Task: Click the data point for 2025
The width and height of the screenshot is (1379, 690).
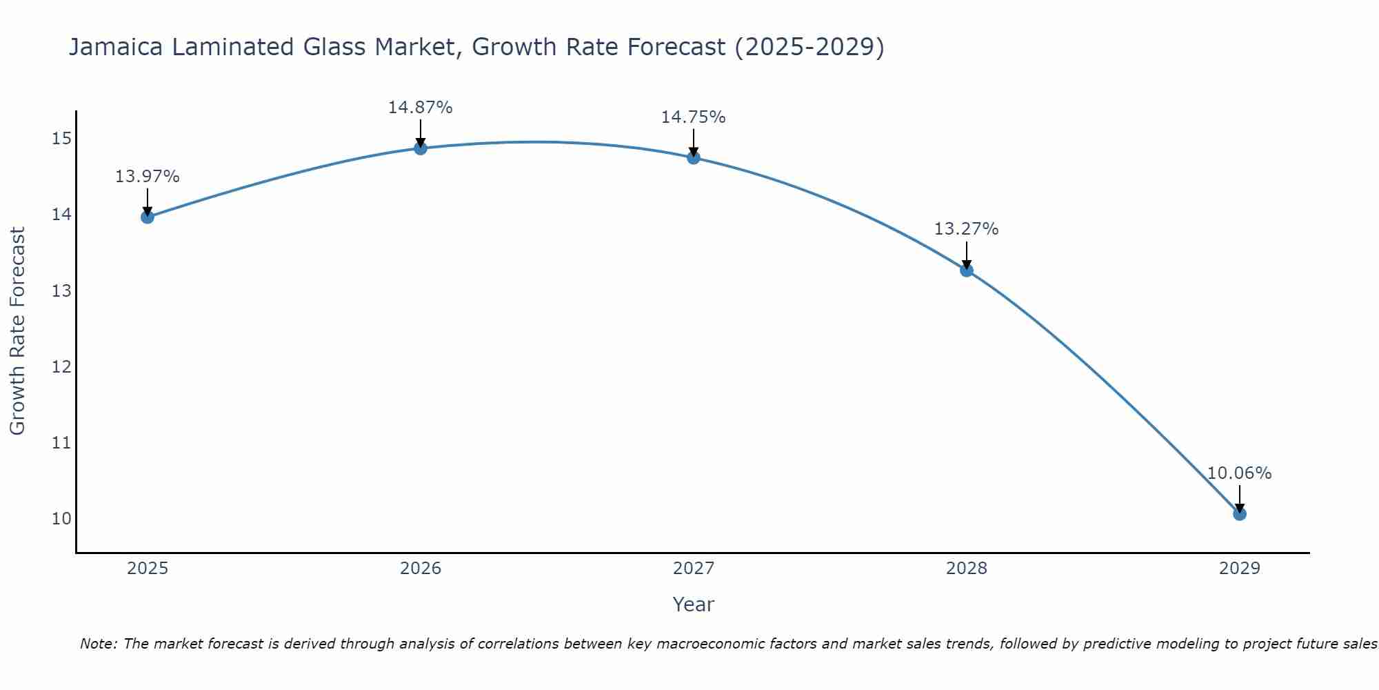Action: [x=147, y=217]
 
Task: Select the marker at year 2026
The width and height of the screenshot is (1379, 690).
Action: [x=420, y=148]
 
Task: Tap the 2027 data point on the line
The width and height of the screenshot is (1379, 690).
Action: [x=694, y=158]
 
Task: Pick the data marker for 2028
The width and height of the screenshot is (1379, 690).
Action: [x=967, y=270]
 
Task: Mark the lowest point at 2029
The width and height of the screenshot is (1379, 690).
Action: [x=1240, y=514]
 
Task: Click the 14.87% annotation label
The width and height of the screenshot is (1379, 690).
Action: [x=420, y=108]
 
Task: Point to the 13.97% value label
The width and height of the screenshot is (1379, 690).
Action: [x=147, y=177]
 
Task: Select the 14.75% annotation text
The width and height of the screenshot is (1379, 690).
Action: [x=694, y=117]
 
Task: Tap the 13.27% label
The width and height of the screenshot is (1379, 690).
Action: [x=967, y=229]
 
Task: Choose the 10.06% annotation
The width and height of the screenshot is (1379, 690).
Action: [x=1240, y=473]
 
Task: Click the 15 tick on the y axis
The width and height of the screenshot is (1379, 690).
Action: [x=61, y=139]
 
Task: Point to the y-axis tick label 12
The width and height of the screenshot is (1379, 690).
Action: [x=61, y=366]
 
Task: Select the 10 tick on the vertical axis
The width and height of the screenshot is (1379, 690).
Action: [x=61, y=518]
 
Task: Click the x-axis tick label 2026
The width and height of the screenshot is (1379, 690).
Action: [x=420, y=569]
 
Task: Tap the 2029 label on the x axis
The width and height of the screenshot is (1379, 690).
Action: [x=1240, y=569]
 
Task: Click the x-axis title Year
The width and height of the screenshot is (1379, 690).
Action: [x=694, y=604]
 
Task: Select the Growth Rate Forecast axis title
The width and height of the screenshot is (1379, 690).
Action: [x=18, y=331]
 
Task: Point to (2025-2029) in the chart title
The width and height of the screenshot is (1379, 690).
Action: [x=809, y=48]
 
